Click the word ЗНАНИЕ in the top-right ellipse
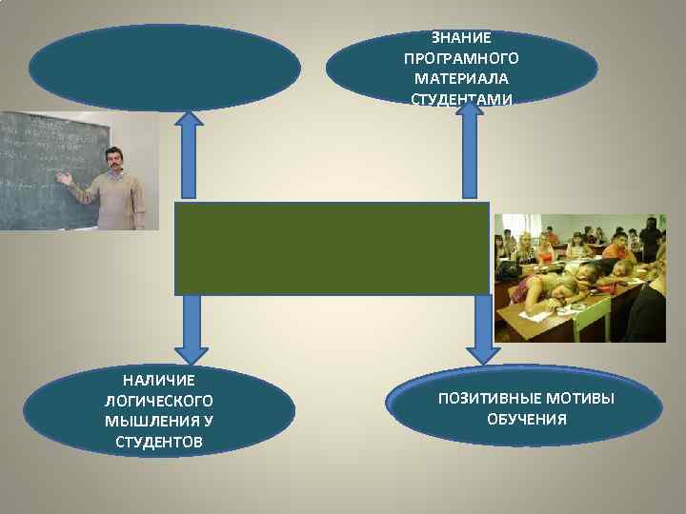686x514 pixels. pos(462,38)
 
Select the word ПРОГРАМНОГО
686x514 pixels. pos(462,58)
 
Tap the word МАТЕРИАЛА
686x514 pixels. pos(462,78)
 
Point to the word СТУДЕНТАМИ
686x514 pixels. pos(462,98)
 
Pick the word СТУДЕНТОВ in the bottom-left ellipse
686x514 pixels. pos(159,442)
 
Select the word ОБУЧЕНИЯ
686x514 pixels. pos(526,419)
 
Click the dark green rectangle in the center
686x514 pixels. pos(332,247)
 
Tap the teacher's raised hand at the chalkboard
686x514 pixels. pos(64,178)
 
